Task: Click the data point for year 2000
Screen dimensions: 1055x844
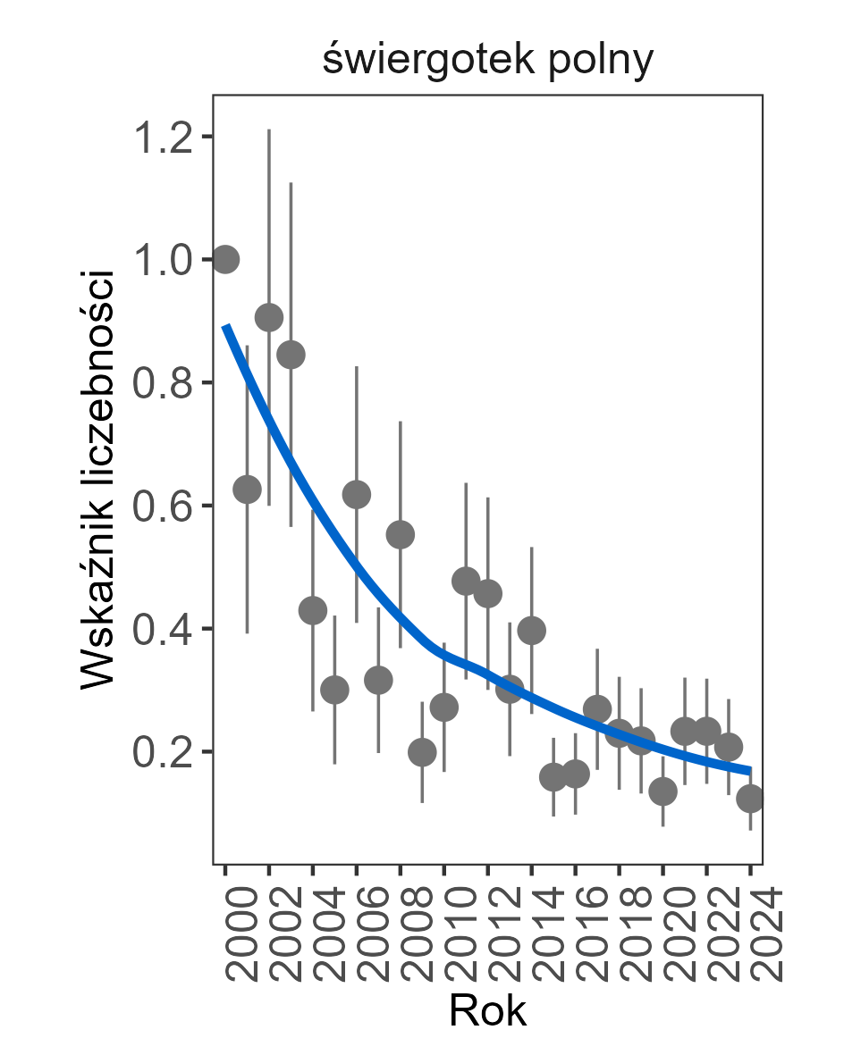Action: (225, 259)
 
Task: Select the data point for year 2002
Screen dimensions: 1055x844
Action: (269, 317)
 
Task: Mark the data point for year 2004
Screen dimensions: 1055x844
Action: (313, 611)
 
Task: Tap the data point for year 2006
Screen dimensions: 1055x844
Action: (357, 494)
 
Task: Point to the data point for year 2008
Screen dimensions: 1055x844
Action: (401, 534)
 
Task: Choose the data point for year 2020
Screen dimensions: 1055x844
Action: (663, 791)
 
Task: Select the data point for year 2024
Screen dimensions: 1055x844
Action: (750, 798)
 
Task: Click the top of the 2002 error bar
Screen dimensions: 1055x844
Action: (269, 130)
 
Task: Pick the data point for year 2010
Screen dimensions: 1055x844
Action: (444, 708)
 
